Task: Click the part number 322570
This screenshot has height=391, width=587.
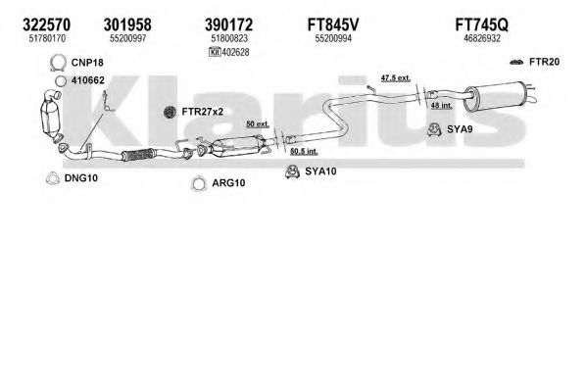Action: tap(46, 24)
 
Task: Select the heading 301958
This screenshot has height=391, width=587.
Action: tap(127, 24)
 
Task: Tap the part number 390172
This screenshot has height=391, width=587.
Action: tap(228, 24)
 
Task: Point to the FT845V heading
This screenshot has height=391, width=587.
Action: tap(333, 24)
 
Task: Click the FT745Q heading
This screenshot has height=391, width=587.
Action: tap(482, 24)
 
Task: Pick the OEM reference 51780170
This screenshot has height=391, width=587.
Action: tap(47, 38)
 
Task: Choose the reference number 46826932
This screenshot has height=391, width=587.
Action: tap(482, 38)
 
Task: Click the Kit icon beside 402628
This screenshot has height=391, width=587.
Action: tap(215, 52)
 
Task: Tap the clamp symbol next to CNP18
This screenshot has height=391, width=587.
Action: tap(58, 63)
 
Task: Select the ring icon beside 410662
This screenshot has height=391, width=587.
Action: tap(61, 81)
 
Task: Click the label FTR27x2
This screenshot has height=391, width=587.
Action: tap(202, 112)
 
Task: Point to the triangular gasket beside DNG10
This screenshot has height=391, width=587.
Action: tap(53, 178)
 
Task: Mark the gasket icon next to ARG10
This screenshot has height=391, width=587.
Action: tap(199, 183)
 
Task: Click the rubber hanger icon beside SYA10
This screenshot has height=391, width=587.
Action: tap(292, 171)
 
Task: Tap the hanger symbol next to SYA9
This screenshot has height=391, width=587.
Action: tap(434, 129)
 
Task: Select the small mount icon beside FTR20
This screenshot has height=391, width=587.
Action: tap(516, 62)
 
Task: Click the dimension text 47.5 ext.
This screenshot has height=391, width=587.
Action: tap(395, 77)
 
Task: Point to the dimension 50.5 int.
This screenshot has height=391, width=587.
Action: tap(304, 151)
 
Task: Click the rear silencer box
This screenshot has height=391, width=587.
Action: tap(493, 96)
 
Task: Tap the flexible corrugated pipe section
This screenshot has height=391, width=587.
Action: tap(138, 155)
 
